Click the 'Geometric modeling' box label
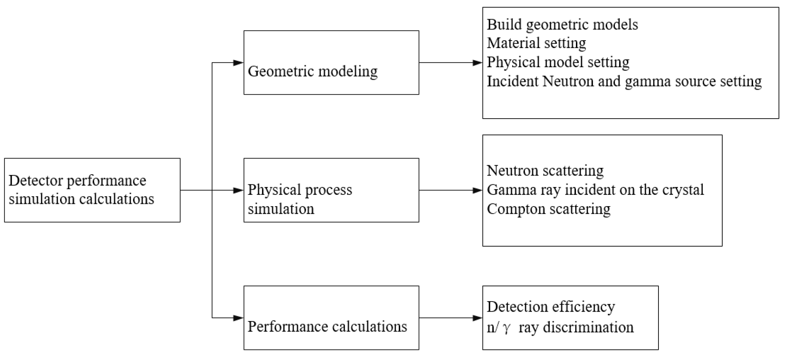312,72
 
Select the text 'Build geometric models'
562,25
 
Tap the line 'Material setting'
536,43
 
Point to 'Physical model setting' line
558,62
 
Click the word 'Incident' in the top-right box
512,82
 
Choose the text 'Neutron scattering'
545,171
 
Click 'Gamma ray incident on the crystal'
595,190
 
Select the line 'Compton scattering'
548,209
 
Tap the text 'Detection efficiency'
551,307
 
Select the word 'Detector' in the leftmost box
36,181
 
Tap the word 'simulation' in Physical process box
281,209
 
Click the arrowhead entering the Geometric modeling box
238,63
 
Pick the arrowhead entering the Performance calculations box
238,318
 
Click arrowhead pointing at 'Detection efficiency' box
477,318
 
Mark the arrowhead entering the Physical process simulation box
238,190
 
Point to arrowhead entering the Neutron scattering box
477,190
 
